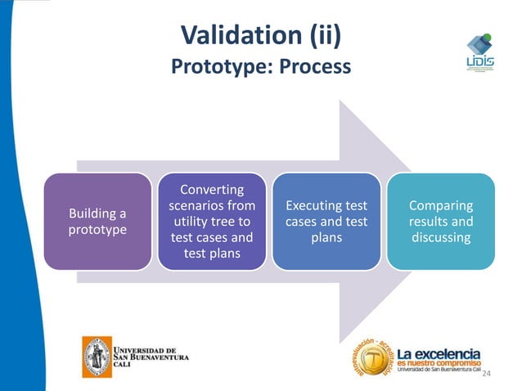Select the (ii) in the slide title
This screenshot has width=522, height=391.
pyautogui.click(x=321, y=35)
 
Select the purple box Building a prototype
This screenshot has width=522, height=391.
pyautogui.click(x=97, y=222)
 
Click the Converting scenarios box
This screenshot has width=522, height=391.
pyautogui.click(x=212, y=222)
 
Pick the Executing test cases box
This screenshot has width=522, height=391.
pyautogui.click(x=326, y=222)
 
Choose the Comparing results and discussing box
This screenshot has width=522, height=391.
pyautogui.click(x=441, y=222)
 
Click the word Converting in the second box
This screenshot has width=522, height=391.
pyautogui.click(x=212, y=190)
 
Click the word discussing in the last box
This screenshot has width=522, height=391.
pyautogui.click(x=441, y=238)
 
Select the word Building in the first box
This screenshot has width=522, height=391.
pyautogui.click(x=92, y=213)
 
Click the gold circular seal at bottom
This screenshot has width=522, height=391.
pyautogui.click(x=372, y=361)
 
